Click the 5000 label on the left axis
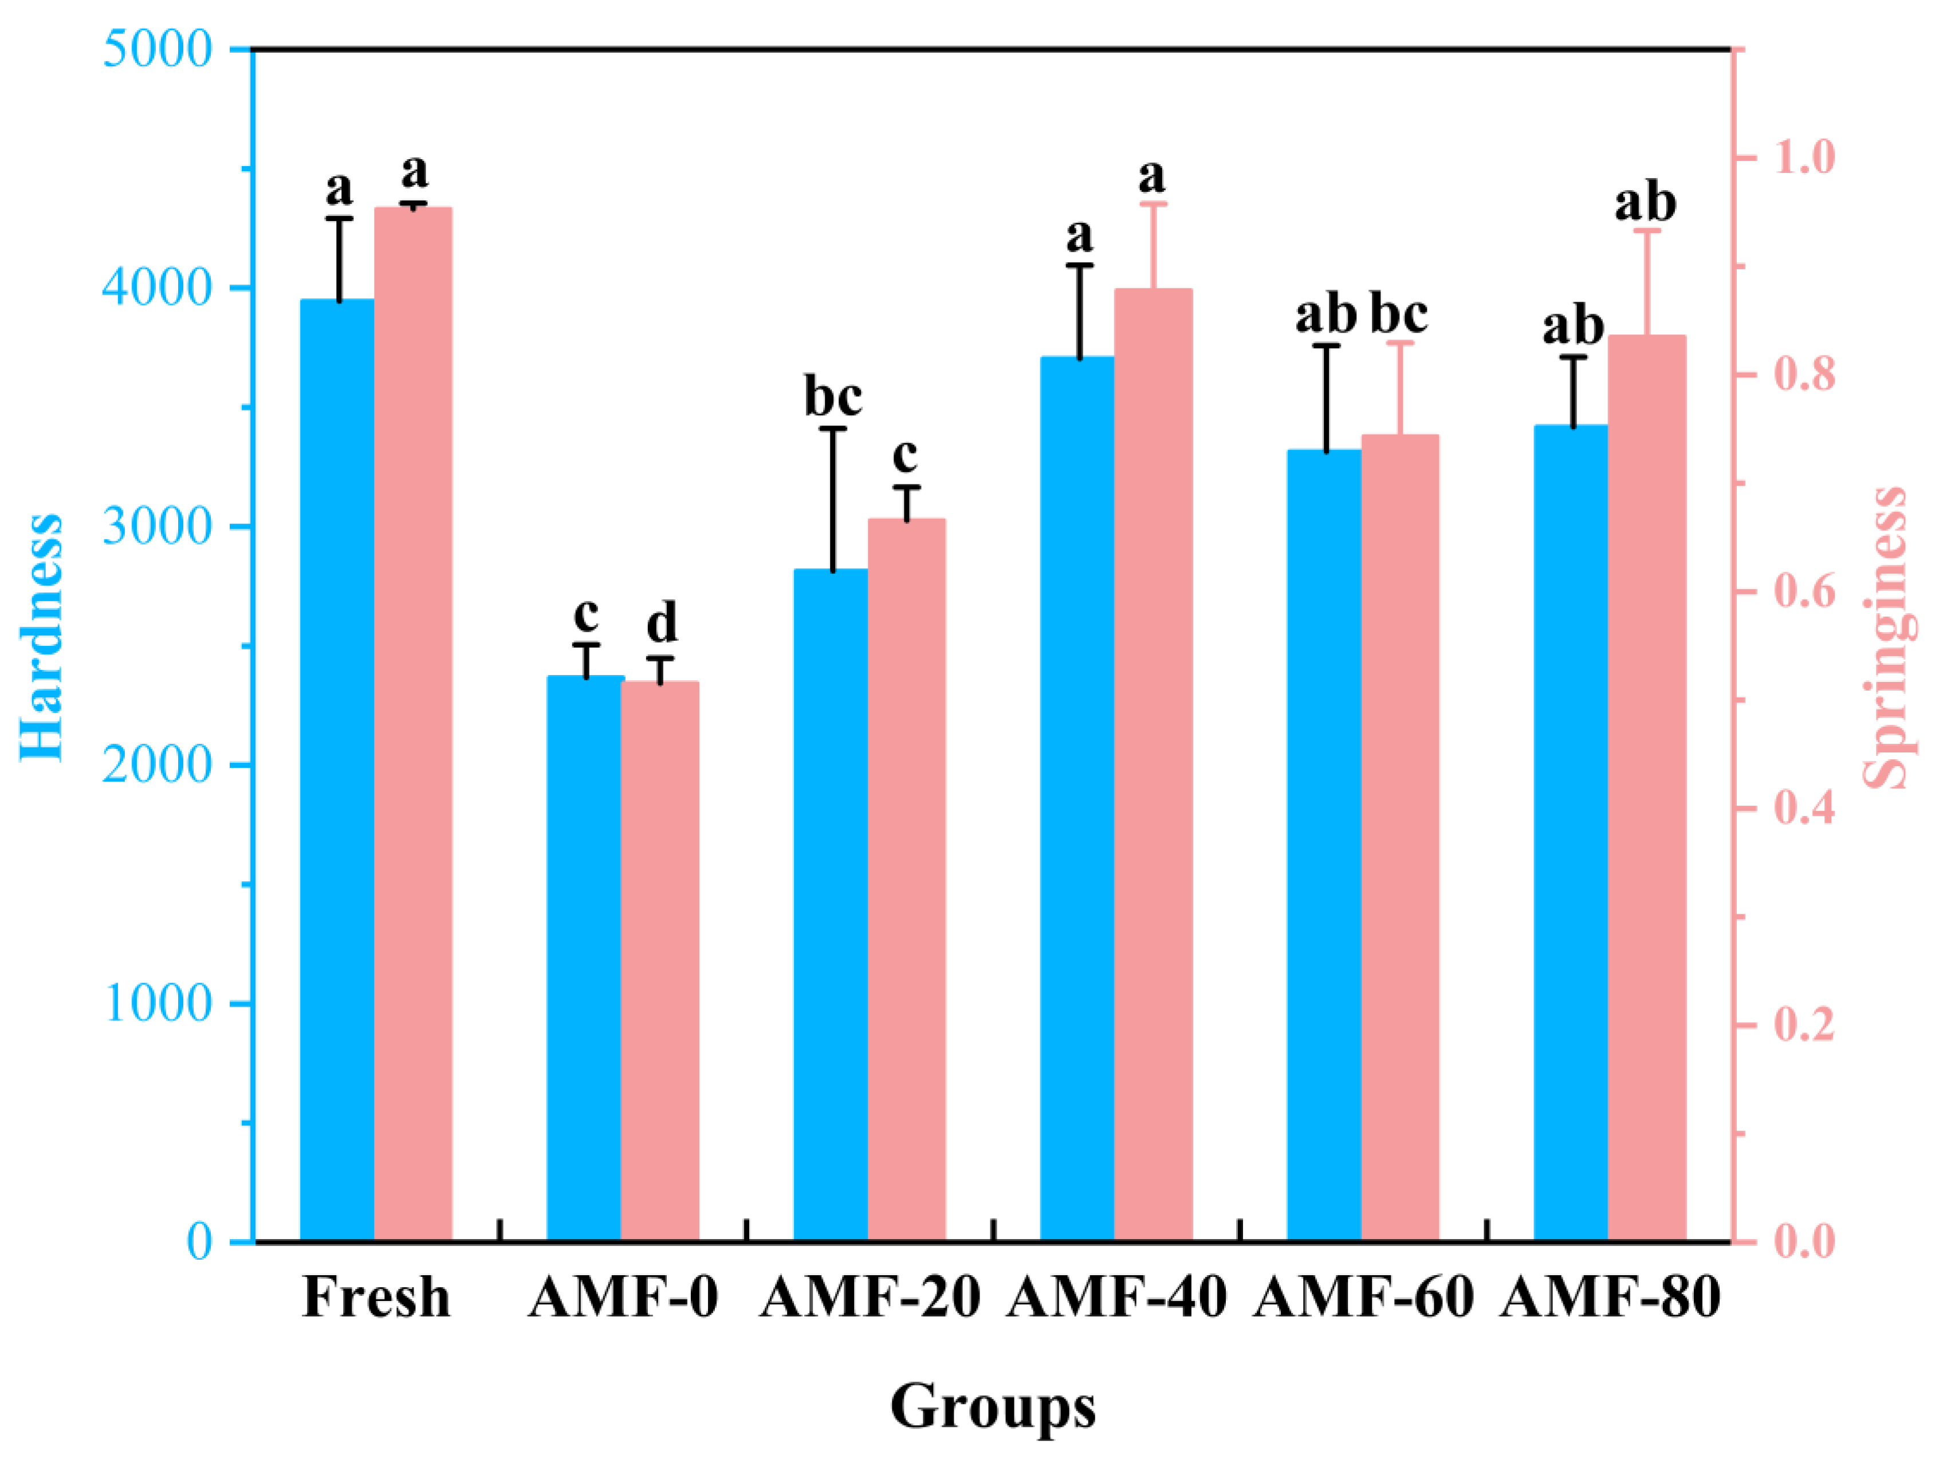point(158,49)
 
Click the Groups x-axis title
point(993,1406)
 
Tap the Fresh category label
point(376,1298)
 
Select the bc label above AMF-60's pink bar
point(1398,314)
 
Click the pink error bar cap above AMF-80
point(1647,231)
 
